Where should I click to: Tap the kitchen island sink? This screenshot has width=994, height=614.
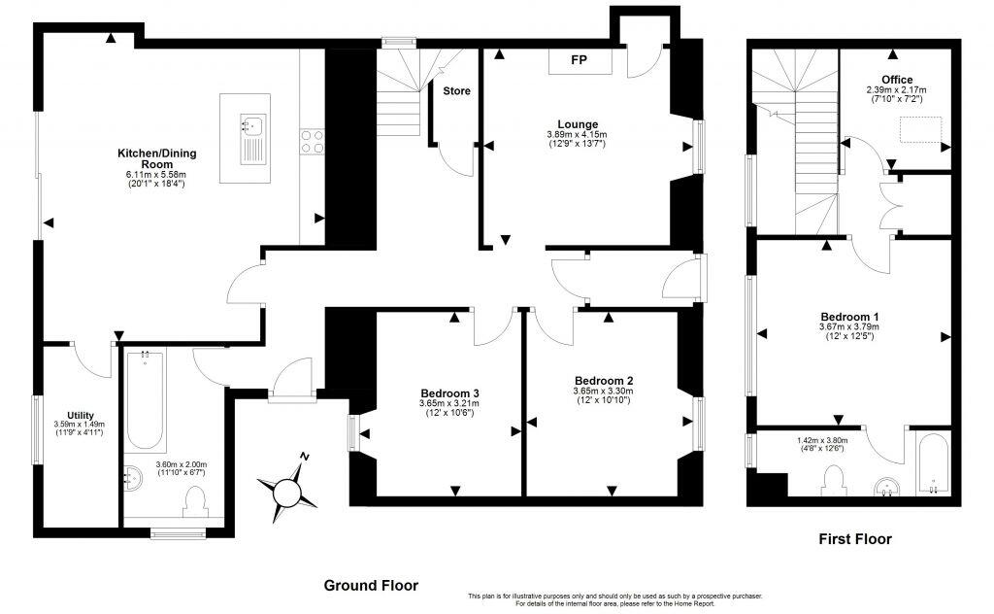click(x=254, y=125)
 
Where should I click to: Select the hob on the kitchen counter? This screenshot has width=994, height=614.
click(x=313, y=142)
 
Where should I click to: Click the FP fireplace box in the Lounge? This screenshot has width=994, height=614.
click(x=580, y=61)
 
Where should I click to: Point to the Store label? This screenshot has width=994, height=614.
click(x=456, y=91)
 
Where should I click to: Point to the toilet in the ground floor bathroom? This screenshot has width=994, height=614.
click(x=194, y=500)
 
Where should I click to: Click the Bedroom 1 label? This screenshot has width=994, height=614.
click(x=849, y=317)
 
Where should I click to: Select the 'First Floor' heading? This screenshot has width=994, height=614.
click(x=854, y=539)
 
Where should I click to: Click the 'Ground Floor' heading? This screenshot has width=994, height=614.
click(x=371, y=585)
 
